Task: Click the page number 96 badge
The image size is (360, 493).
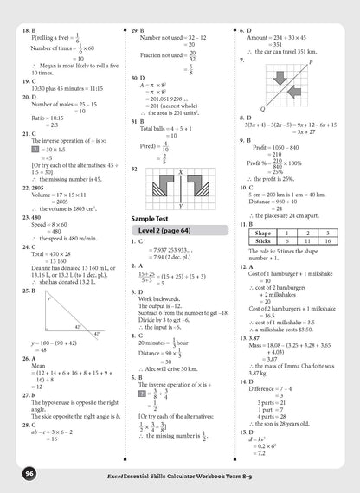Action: click(30, 474)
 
